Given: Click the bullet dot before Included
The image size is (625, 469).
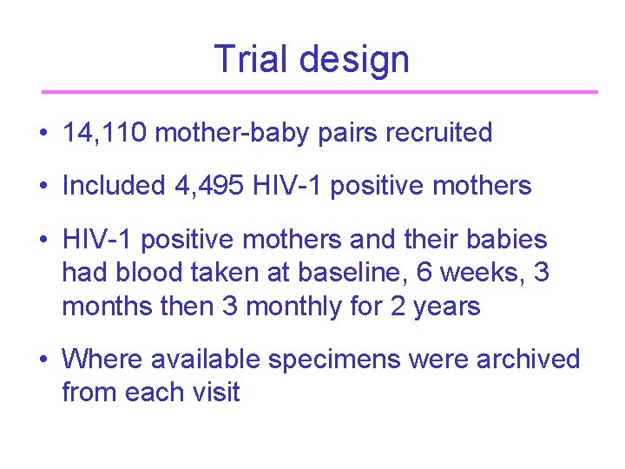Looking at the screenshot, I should click(x=43, y=186).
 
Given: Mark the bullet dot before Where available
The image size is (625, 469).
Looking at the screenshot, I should click(x=43, y=360).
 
